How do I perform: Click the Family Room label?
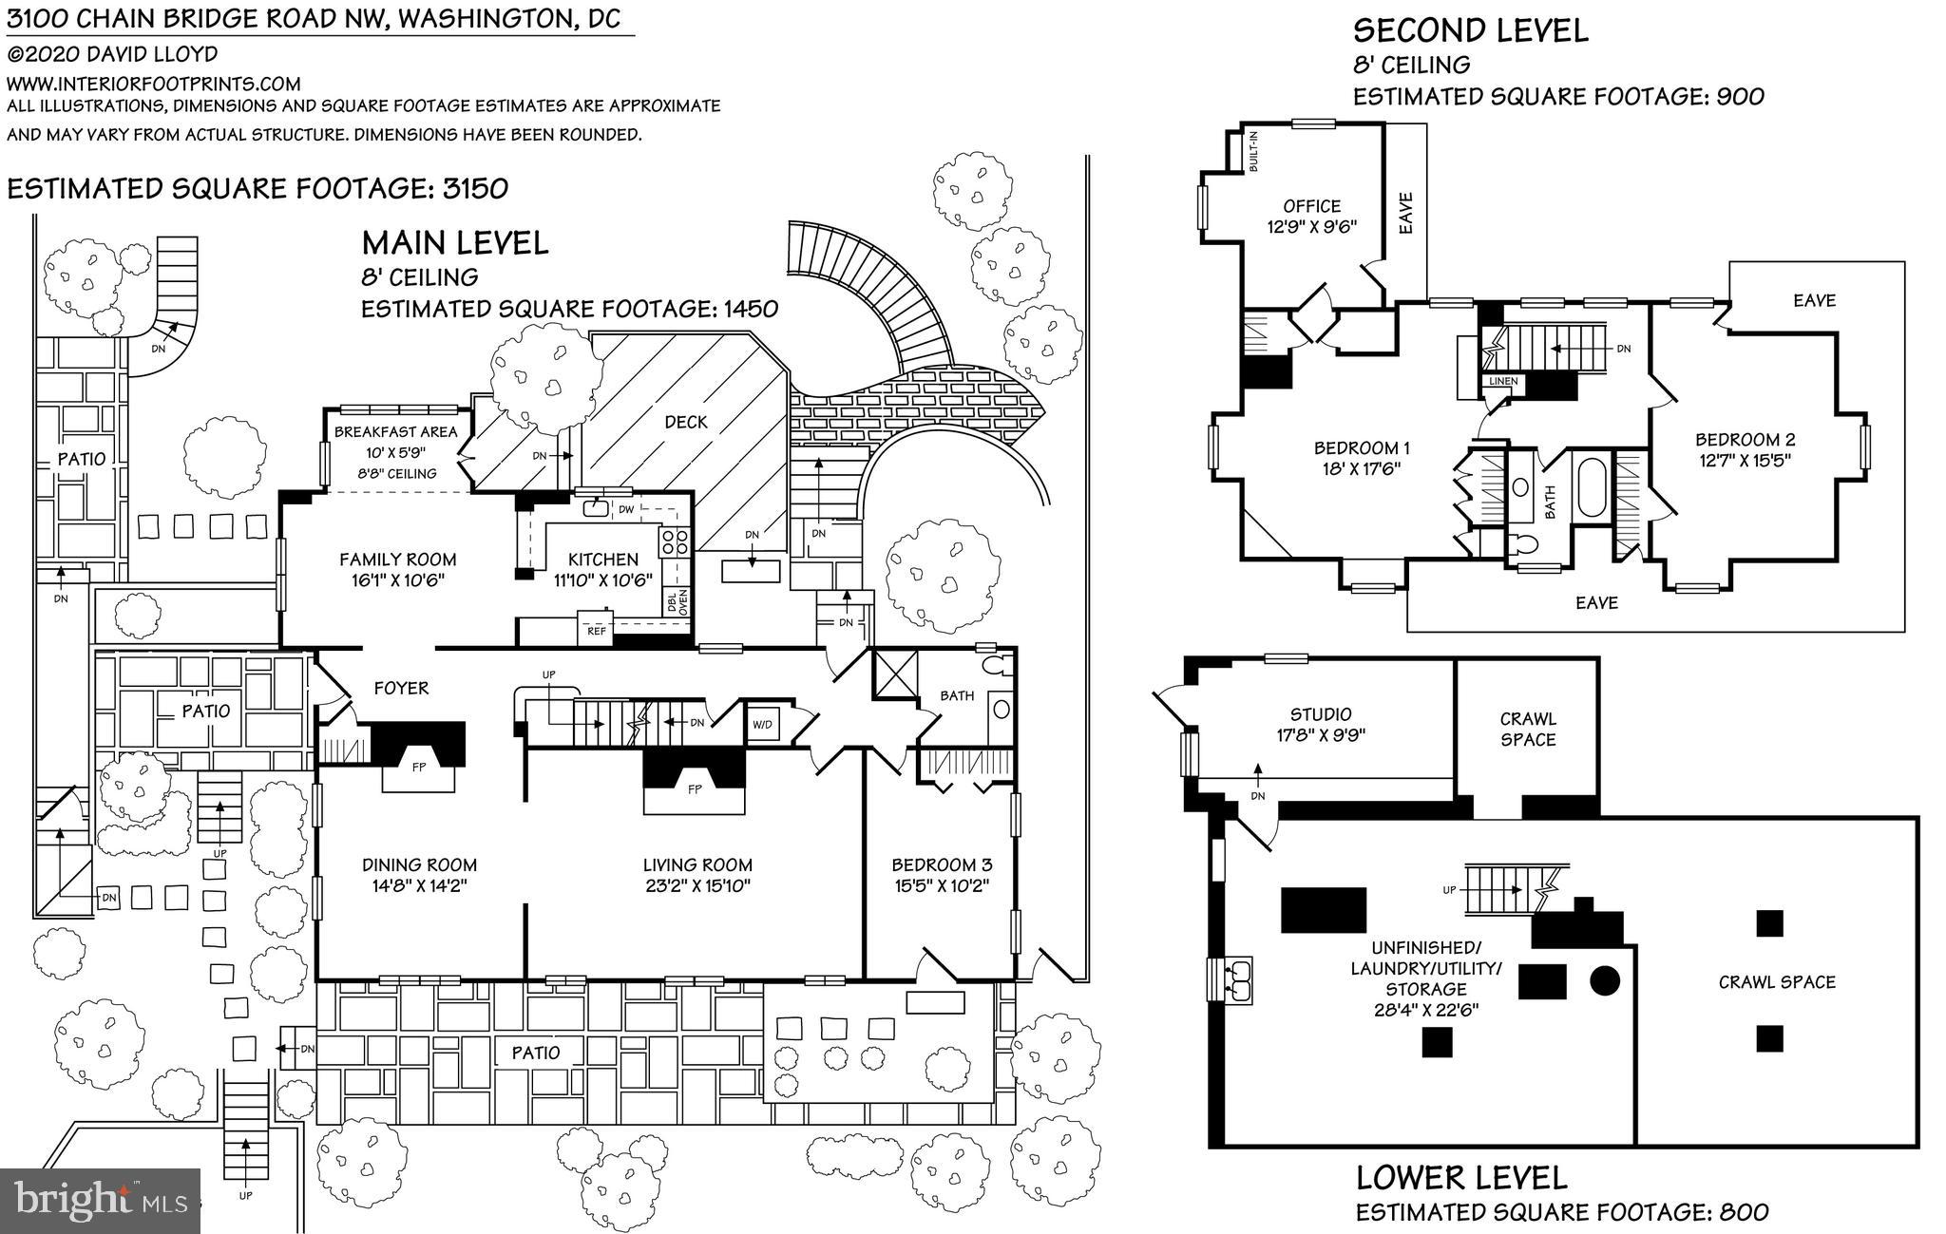397,560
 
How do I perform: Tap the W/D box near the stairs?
763,725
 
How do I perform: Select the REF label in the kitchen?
597,630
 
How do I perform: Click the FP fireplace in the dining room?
418,766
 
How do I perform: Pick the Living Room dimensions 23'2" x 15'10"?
697,886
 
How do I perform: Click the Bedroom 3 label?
941,864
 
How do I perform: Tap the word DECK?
686,422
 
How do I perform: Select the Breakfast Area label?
395,431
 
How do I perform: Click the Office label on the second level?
1311,206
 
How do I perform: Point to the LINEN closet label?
1503,382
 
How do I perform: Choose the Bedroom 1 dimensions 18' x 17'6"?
1362,468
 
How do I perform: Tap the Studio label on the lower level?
1321,714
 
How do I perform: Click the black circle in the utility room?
1605,979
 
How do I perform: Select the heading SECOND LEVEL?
1470,30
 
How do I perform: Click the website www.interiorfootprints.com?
154,84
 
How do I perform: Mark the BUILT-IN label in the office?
1254,151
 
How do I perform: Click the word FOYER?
401,688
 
